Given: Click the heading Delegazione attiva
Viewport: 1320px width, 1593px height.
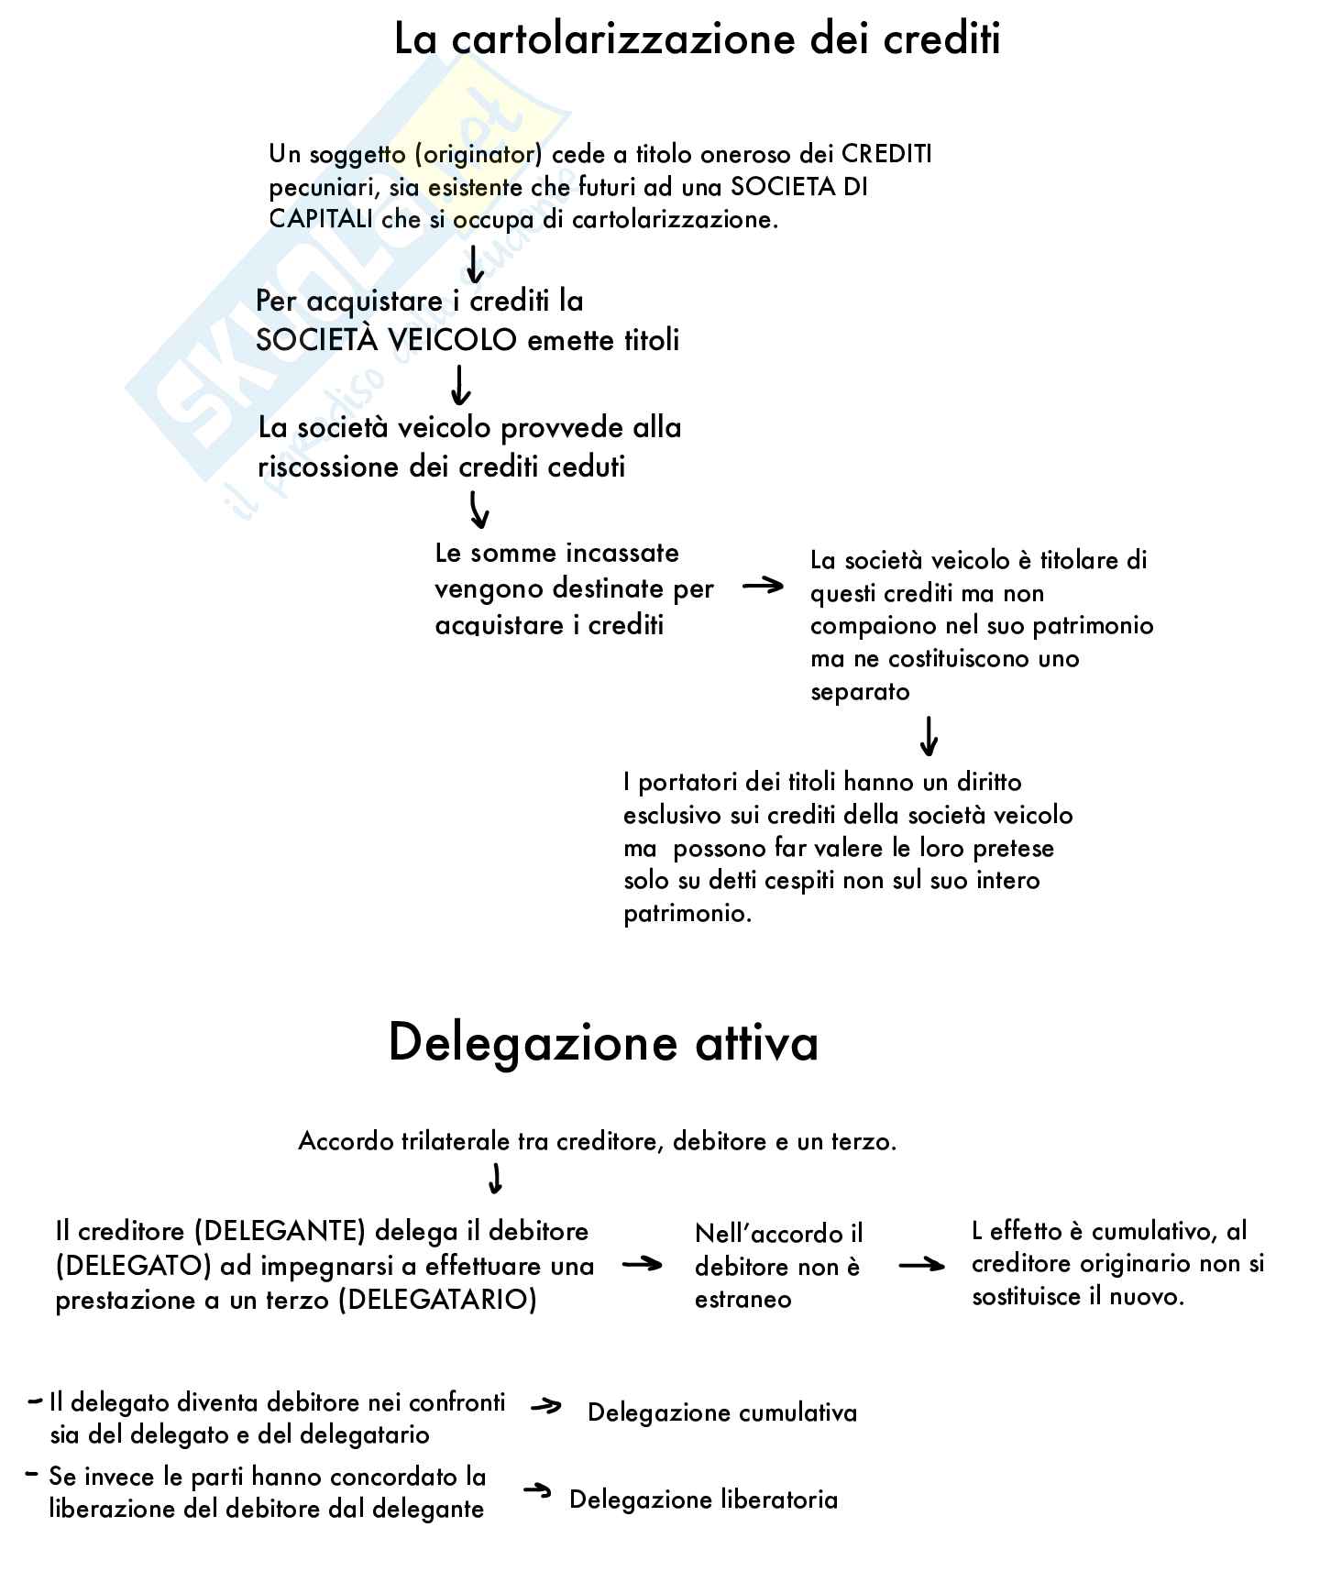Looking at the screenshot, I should [603, 1043].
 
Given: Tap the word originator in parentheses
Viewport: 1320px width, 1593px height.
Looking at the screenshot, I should [478, 155].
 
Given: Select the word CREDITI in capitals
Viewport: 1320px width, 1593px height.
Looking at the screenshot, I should [886, 154].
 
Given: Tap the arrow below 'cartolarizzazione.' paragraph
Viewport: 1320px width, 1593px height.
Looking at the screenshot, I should [474, 263].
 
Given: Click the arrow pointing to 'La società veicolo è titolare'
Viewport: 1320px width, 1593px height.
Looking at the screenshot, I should [763, 587].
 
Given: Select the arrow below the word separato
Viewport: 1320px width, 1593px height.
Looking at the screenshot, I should [929, 735].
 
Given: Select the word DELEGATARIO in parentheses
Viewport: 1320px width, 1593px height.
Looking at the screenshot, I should [436, 1301].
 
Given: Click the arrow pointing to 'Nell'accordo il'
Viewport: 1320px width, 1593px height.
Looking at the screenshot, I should [642, 1265].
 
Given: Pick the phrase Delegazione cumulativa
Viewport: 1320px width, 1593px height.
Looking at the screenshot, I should [722, 1412].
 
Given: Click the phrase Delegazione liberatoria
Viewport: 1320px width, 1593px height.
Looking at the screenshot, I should [703, 1500].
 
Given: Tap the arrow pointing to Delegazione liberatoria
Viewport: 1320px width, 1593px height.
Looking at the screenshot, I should [537, 1492].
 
